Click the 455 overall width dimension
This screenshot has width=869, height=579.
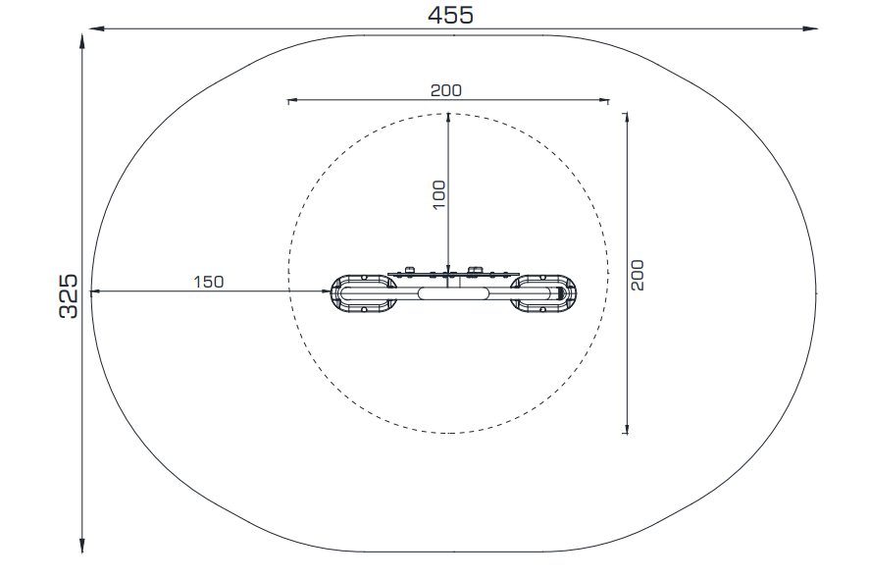[450, 15]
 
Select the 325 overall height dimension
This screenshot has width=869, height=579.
[69, 296]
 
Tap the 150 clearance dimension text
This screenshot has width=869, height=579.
[208, 282]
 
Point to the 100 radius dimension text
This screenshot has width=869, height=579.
[439, 194]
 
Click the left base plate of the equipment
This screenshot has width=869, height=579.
[364, 293]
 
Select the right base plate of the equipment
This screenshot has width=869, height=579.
[543, 293]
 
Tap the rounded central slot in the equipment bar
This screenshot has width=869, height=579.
[453, 293]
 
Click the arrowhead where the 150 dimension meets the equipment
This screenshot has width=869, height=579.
[326, 291]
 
